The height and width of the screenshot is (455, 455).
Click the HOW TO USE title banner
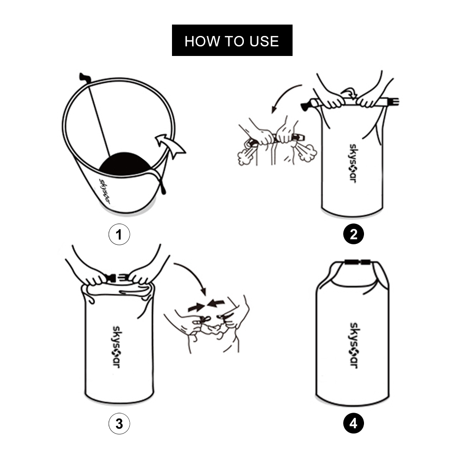pyautogui.click(x=232, y=40)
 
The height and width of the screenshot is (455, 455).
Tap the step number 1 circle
pyautogui.click(x=119, y=234)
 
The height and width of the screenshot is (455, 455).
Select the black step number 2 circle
pyautogui.click(x=354, y=234)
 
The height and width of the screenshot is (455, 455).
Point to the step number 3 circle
pyautogui.click(x=119, y=424)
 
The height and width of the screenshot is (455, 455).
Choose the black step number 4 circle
pyautogui.click(x=354, y=423)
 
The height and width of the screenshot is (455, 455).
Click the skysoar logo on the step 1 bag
pyautogui.click(x=105, y=191)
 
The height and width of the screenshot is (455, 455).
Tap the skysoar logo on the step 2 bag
pyautogui.click(x=353, y=163)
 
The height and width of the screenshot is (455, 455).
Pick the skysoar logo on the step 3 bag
pyautogui.click(x=116, y=347)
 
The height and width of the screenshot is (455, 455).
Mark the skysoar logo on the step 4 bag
pyautogui.click(x=354, y=345)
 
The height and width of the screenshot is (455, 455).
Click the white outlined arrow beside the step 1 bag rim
pyautogui.click(x=171, y=145)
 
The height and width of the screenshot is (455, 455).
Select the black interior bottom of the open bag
pyautogui.click(x=125, y=163)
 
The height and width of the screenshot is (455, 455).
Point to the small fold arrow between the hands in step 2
pyautogui.click(x=349, y=93)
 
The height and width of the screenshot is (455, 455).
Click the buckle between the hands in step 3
pyautogui.click(x=116, y=278)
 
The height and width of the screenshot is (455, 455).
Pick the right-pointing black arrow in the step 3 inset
pyautogui.click(x=196, y=307)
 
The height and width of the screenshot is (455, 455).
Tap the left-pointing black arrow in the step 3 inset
pyautogui.click(x=216, y=303)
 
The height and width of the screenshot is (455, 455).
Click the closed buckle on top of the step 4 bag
pyautogui.click(x=358, y=263)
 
